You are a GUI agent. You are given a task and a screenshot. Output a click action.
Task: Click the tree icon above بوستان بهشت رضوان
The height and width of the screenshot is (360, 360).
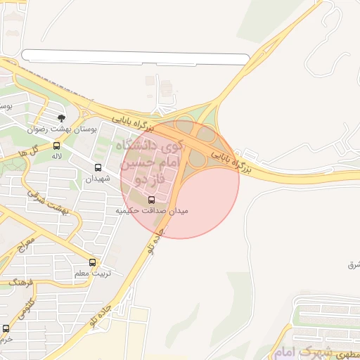tap(61, 117)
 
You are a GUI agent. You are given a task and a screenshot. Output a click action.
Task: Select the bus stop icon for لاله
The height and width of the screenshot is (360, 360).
tap(56, 146)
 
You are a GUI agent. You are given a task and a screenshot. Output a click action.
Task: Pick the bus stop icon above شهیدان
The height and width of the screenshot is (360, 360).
tap(98, 168)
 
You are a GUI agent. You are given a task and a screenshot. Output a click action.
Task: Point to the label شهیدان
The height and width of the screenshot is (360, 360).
tap(98, 179)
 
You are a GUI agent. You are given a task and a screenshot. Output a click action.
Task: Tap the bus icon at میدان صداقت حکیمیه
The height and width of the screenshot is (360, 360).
tap(152, 199)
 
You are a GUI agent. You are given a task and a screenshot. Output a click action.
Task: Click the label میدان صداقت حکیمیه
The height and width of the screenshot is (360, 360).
tap(153, 210)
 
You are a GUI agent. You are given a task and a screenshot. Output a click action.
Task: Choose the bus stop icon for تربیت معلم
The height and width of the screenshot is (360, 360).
tap(92, 262)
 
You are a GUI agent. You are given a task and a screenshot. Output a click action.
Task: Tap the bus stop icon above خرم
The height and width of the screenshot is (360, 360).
tap(6, 328)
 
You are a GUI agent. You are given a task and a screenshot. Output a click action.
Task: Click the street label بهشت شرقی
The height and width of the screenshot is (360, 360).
tap(49, 200)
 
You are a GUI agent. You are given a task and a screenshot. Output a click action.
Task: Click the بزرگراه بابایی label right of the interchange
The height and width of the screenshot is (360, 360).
tap(231, 157)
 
